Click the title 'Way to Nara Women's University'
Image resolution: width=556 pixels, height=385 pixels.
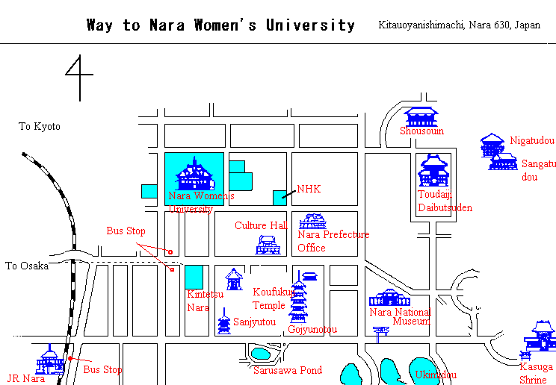[x=220, y=25]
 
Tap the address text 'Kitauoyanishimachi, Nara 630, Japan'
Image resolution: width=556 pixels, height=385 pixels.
[x=460, y=25]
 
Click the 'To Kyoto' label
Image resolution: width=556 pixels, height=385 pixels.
[x=40, y=126]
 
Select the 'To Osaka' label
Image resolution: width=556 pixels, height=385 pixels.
[x=27, y=266]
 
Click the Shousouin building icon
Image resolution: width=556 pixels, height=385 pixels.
[x=421, y=116]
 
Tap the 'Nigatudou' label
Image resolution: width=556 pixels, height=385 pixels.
[x=532, y=140]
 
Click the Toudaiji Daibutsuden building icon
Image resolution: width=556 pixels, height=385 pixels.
[x=433, y=171]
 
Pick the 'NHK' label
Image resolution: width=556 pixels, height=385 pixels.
[x=309, y=190]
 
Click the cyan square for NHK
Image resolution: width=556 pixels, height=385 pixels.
[x=279, y=197]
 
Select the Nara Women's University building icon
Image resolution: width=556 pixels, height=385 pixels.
[x=194, y=176]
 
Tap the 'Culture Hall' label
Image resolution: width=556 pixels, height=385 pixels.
[x=262, y=225]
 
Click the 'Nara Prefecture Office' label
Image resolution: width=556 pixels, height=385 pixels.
[x=333, y=240]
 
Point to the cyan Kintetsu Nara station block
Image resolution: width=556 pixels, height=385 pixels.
[x=194, y=277]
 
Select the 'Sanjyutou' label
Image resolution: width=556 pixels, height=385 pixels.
[x=255, y=322]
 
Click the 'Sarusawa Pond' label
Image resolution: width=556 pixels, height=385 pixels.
[x=288, y=369]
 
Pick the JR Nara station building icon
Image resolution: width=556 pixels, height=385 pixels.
[x=50, y=360]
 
